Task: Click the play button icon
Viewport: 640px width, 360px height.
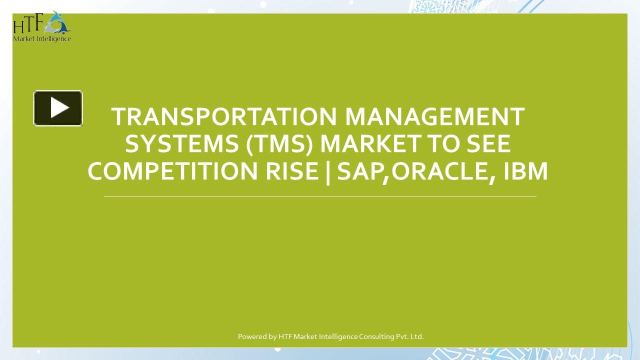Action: tap(58, 108)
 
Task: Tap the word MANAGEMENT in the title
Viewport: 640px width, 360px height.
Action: tap(434, 117)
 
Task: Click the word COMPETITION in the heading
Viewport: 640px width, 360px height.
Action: tap(170, 171)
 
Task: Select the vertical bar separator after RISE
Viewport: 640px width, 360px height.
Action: tap(328, 171)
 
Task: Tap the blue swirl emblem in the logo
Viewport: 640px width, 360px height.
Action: tap(59, 22)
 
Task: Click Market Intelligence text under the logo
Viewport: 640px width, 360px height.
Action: tap(42, 39)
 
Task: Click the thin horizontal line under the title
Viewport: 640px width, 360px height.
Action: tap(320, 196)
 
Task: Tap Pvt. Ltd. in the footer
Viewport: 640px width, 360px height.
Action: tap(410, 336)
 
